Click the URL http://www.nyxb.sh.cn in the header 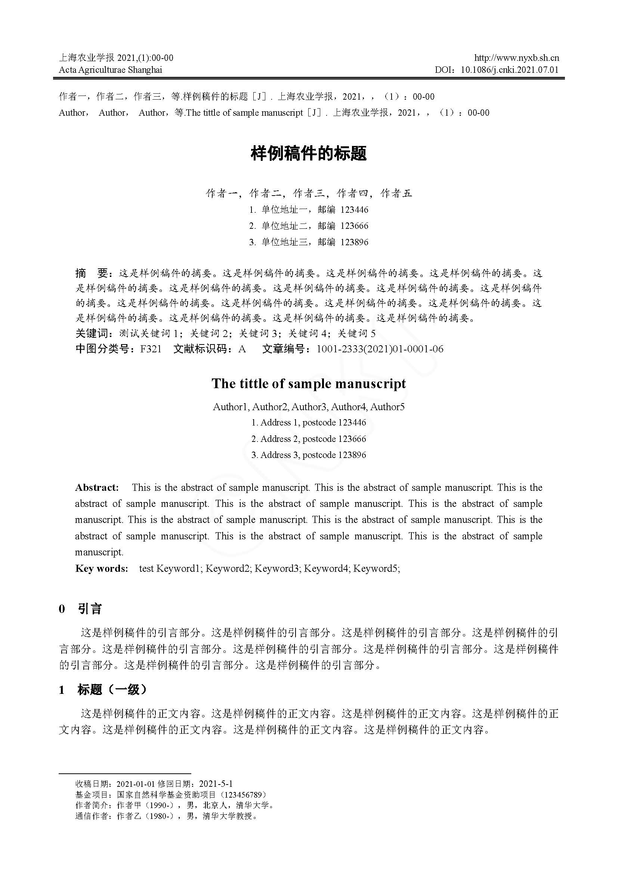(516, 58)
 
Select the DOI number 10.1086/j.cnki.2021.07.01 (510, 70)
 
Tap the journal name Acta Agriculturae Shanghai (110, 70)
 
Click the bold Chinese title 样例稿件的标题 (309, 154)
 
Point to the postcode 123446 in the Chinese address (354, 210)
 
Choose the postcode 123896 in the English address (352, 455)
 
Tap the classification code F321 (151, 349)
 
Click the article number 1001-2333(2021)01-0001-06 (380, 349)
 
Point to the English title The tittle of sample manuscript (309, 384)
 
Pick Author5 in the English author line (387, 407)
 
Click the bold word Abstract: (97, 488)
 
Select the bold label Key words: (102, 569)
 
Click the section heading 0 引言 (81, 609)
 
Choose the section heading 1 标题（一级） (103, 690)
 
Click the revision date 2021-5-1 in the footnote (216, 784)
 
